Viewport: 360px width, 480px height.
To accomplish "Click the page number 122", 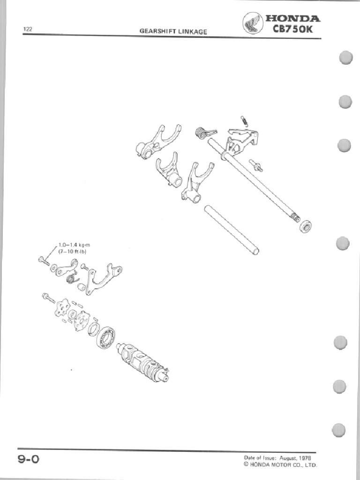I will pyautogui.click(x=27, y=29).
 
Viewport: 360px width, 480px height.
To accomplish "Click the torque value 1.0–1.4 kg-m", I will pyautogui.click(x=74, y=245).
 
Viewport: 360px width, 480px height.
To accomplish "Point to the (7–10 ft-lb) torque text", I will pyautogui.click(x=72, y=251).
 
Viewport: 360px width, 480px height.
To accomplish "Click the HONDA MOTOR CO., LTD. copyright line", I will pyautogui.click(x=280, y=465).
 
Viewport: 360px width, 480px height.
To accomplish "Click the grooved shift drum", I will pyautogui.click(x=142, y=360).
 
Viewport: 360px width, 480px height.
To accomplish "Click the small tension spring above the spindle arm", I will pyautogui.click(x=244, y=120).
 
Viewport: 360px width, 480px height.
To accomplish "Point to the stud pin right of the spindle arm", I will pyautogui.click(x=256, y=165).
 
